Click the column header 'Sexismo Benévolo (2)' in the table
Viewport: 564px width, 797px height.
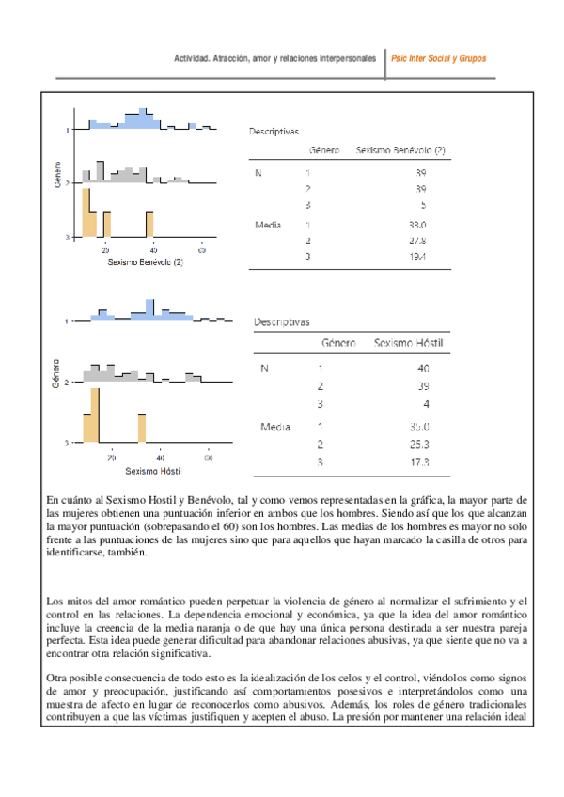click(x=399, y=150)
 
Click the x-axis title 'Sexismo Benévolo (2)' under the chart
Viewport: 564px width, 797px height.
click(x=145, y=263)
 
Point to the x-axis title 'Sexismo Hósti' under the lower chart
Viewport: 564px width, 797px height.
click(x=153, y=471)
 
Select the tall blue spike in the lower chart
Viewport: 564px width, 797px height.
click(x=149, y=308)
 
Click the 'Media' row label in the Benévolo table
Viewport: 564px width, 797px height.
click(x=268, y=226)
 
